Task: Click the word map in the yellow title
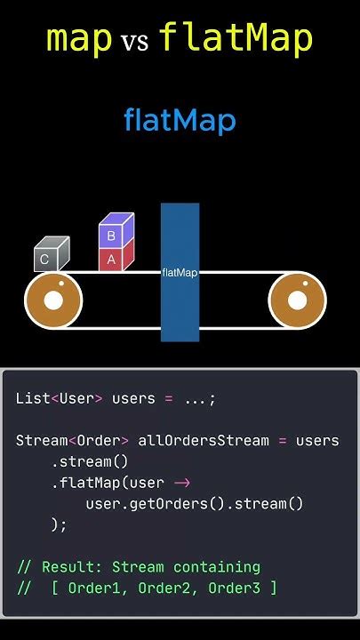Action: (79, 40)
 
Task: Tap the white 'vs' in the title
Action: (134, 42)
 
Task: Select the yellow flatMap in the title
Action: (236, 37)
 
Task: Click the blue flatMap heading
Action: (180, 121)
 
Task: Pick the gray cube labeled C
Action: (52, 254)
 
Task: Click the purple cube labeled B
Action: (116, 230)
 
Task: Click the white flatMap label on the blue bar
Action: (180, 273)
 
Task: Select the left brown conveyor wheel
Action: (53, 300)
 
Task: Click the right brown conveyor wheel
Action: (297, 300)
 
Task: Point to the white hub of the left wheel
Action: (53, 300)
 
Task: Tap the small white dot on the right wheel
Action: (305, 284)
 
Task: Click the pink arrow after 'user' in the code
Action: (182, 483)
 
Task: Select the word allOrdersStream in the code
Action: (204, 441)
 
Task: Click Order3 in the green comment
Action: (235, 588)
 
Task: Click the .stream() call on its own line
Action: (90, 462)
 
